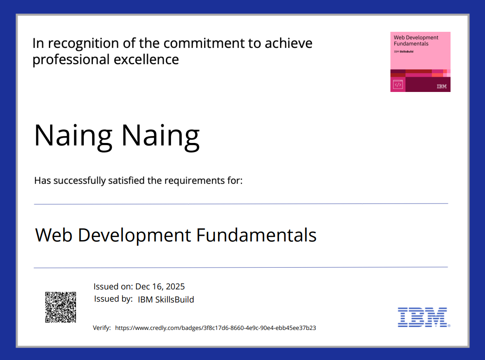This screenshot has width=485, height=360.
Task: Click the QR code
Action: pyautogui.click(x=61, y=307)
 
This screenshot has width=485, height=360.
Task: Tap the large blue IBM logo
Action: pyautogui.click(x=423, y=317)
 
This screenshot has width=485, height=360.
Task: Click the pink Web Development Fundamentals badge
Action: pyautogui.click(x=420, y=61)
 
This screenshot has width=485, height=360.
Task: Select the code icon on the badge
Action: pyautogui.click(x=398, y=85)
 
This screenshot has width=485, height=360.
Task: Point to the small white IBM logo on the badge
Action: pyautogui.click(x=441, y=86)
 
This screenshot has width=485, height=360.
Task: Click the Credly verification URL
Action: pyautogui.click(x=215, y=328)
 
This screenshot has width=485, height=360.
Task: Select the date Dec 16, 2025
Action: pyautogui.click(x=160, y=286)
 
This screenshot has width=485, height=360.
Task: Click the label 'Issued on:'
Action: pyautogui.click(x=113, y=286)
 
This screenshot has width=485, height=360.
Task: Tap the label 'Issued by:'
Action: pyautogui.click(x=113, y=299)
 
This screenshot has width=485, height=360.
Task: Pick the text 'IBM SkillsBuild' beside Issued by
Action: pyautogui.click(x=166, y=299)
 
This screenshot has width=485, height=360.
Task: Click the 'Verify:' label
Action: pyautogui.click(x=102, y=328)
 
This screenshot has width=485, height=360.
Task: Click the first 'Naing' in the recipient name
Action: pyautogui.click(x=73, y=135)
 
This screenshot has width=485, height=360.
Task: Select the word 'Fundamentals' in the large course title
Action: pyautogui.click(x=256, y=235)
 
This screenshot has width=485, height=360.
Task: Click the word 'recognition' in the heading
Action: pyautogui.click(x=83, y=44)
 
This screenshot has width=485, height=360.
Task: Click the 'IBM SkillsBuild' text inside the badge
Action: pyautogui.click(x=403, y=51)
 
